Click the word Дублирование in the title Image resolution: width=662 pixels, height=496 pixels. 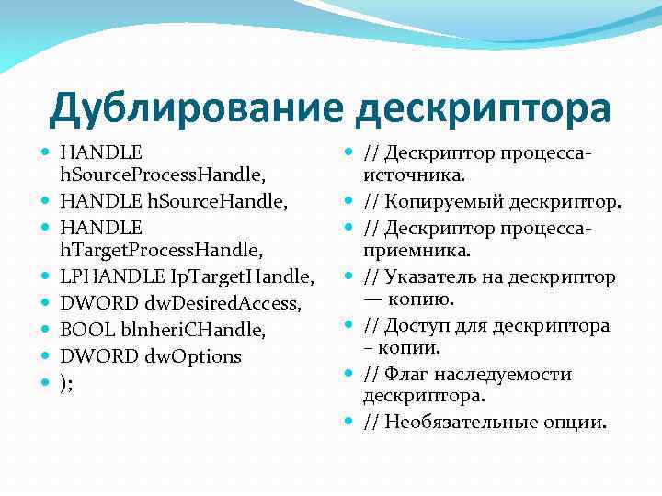196,108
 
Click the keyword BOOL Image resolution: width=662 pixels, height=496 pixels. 83,329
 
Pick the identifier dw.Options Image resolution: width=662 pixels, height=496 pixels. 192,355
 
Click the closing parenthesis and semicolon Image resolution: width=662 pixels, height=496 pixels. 67,382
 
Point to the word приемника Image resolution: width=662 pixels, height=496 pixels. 417,249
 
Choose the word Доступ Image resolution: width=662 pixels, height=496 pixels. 419,326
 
